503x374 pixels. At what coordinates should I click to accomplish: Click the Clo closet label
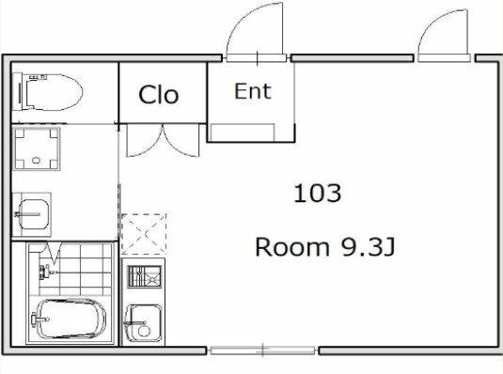[x=159, y=95]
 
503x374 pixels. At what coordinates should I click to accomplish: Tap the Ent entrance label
[x=253, y=91]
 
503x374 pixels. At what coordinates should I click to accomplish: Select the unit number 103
[x=317, y=193]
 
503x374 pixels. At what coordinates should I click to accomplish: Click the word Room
[x=291, y=247]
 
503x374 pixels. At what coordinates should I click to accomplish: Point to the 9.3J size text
[x=368, y=247]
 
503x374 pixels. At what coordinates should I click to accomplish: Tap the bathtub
[x=71, y=319]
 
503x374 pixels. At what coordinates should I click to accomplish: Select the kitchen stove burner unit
[x=144, y=276]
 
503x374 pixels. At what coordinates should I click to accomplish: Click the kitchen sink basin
[x=143, y=322]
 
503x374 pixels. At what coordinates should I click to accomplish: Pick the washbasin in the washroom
[x=32, y=214]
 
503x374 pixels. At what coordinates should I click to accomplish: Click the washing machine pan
[x=37, y=148]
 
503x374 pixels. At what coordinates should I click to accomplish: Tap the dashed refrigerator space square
[x=144, y=234]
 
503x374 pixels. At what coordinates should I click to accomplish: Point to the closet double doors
[x=163, y=141]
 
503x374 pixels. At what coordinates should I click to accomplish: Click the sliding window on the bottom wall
[x=262, y=351]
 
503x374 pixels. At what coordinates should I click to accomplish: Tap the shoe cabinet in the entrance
[x=243, y=132]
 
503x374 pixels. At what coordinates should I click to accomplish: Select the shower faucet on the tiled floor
[x=47, y=272]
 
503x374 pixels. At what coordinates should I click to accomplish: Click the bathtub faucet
[x=39, y=319]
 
